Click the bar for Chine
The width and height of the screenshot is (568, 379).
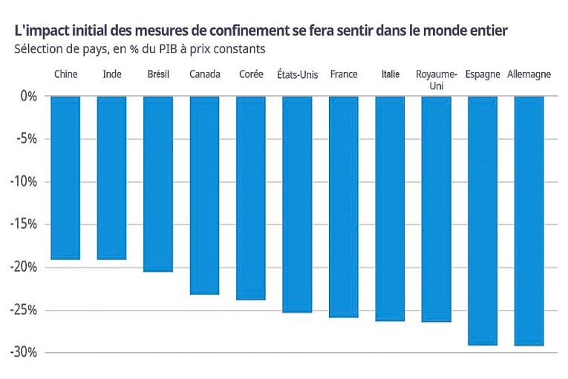point(65,178)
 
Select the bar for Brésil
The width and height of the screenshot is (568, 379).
point(157,184)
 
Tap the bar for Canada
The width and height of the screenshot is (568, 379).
point(204,195)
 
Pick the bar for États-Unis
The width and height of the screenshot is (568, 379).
point(297,204)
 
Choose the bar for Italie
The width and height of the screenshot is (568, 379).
point(390,208)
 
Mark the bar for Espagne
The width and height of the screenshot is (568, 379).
point(483,221)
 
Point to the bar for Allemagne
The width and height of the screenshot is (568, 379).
point(529,221)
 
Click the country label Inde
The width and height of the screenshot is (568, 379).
point(111,74)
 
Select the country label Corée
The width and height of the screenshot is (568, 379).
point(251,74)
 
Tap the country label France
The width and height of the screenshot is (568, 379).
point(343,74)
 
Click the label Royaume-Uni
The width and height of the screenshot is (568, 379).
point(436,80)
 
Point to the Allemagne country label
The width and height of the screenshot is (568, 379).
point(529,74)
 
